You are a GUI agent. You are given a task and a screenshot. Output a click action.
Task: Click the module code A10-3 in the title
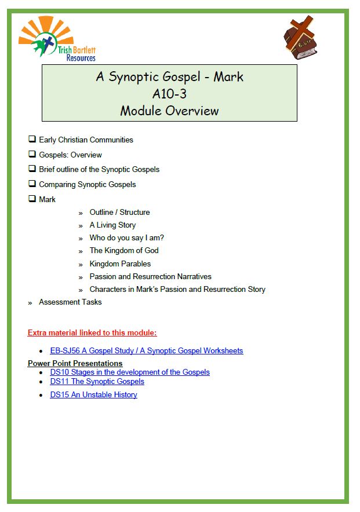point(169,93)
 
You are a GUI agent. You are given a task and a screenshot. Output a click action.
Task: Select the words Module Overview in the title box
point(169,110)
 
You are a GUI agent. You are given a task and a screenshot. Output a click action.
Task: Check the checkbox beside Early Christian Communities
point(32,140)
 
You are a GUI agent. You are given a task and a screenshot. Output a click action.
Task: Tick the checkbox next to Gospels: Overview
point(32,155)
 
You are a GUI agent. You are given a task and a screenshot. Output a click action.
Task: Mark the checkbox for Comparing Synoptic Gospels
point(32,184)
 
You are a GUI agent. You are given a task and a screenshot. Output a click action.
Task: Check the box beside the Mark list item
point(32,199)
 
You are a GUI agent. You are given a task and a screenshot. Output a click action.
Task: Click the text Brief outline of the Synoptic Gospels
point(99,170)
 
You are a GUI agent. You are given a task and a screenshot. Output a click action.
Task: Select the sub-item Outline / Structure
point(119,213)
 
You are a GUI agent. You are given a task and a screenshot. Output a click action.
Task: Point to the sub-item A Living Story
point(112,225)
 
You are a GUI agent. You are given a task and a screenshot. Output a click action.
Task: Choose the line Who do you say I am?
point(127,238)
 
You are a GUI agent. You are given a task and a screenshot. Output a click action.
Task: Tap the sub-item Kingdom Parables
point(120,264)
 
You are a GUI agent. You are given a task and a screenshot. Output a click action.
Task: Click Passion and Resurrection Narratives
point(150,276)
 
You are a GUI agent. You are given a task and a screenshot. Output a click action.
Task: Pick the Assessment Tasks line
point(70,302)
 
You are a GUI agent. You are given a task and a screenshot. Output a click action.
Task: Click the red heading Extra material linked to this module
point(92,333)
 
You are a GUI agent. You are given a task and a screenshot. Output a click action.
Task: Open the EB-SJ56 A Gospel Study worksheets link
point(147,351)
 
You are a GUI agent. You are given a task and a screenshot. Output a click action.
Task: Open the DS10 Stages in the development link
point(130,372)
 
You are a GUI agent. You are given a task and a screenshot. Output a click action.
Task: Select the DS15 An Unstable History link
point(94,395)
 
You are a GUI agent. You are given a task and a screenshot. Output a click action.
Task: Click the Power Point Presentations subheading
point(75,363)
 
